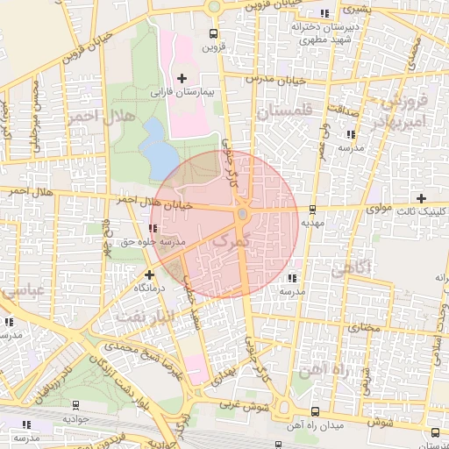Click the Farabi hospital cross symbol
pos(182,78)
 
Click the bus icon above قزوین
pos(211,33)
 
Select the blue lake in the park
pos(158,146)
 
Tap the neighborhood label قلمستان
pos(283,112)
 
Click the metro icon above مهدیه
pos(313,209)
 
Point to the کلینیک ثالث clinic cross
pos(423,198)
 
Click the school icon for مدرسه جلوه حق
pos(154,228)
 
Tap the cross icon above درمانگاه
pos(148,274)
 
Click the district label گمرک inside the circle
pos(232,239)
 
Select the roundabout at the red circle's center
pos(242,213)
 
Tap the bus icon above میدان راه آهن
pos(278,419)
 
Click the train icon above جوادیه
pos(75,405)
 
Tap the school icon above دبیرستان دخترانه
pos(326,13)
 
